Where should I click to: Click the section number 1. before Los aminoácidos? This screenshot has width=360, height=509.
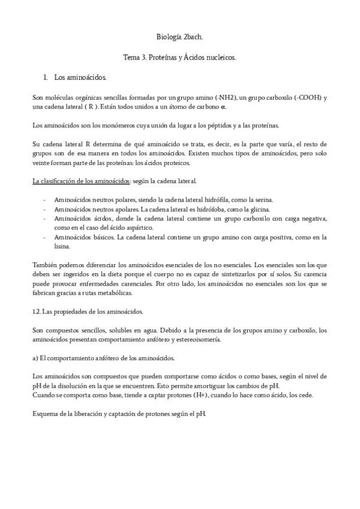(x=45, y=77)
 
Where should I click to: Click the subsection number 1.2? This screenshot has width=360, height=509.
(x=37, y=312)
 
